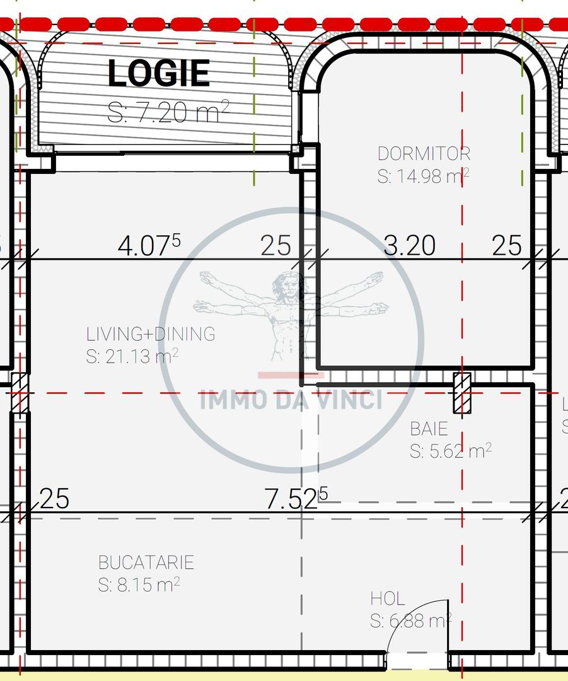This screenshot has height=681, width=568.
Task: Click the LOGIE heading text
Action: [x=159, y=73]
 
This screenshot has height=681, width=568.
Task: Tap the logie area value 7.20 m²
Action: [x=168, y=112]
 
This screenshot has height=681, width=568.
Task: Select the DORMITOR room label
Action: [x=424, y=154]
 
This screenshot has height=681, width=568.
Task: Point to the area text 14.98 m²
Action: [x=424, y=176]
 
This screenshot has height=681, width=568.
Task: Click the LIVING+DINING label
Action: [x=151, y=334]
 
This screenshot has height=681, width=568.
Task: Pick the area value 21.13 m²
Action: [x=132, y=356]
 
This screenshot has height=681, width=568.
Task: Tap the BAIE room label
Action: [x=429, y=429]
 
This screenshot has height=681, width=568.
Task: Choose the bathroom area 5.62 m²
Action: [x=451, y=451]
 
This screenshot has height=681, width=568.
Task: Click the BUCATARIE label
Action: [x=146, y=562]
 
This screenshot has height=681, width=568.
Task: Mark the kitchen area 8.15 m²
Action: [x=139, y=585]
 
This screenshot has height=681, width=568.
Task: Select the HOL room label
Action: [x=387, y=599]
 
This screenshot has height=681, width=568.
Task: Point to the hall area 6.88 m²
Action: [x=411, y=620]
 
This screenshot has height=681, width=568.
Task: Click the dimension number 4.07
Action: [x=149, y=245]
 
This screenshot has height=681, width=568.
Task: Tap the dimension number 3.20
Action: [x=410, y=245]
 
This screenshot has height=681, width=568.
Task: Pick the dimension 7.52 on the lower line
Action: [x=296, y=499]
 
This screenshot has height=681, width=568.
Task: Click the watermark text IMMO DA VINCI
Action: [x=291, y=400]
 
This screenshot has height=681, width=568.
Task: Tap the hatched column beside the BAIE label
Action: [x=462, y=393]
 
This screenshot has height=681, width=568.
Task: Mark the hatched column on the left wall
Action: [x=19, y=393]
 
